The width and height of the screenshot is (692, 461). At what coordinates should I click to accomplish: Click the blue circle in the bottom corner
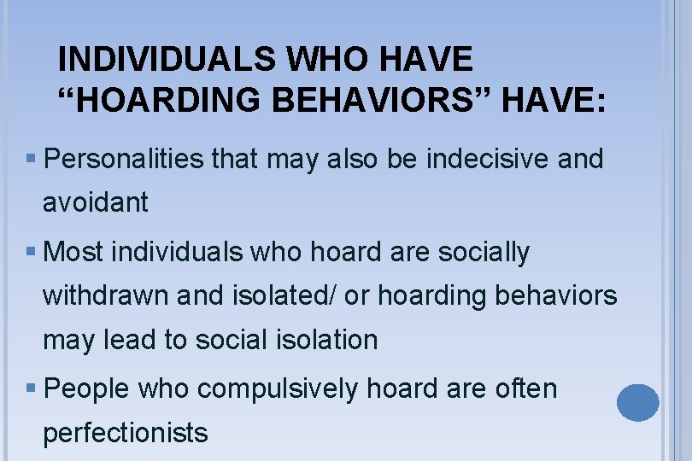click(637, 402)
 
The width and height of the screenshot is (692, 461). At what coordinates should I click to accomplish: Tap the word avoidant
click(95, 203)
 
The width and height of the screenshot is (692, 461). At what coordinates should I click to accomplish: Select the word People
click(85, 389)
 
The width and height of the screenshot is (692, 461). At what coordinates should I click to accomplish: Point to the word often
click(526, 389)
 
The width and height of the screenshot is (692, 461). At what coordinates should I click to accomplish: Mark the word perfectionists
click(125, 433)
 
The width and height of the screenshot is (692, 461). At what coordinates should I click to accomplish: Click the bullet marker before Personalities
click(31, 160)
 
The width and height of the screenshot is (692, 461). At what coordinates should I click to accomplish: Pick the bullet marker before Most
click(31, 254)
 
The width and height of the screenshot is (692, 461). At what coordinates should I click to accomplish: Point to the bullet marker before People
click(31, 390)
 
